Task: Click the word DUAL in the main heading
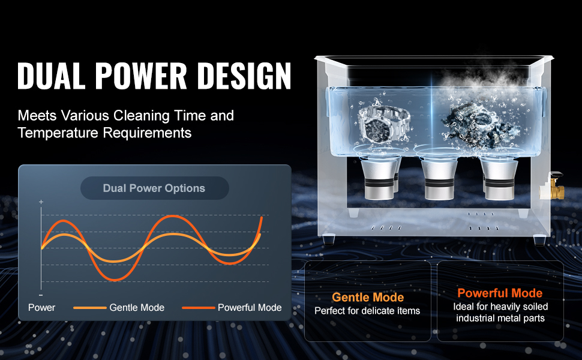click(x=51, y=76)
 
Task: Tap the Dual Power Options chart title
click(x=154, y=188)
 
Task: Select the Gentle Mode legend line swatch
click(x=90, y=308)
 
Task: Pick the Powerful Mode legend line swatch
click(x=198, y=308)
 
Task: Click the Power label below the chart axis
click(x=41, y=308)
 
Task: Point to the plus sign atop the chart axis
click(x=41, y=202)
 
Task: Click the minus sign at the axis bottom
click(x=41, y=295)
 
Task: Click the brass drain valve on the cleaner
click(x=552, y=185)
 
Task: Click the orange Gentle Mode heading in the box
click(x=368, y=297)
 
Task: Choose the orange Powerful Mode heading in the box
click(x=500, y=293)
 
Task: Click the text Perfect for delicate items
click(x=367, y=311)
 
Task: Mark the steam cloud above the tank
click(x=482, y=78)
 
